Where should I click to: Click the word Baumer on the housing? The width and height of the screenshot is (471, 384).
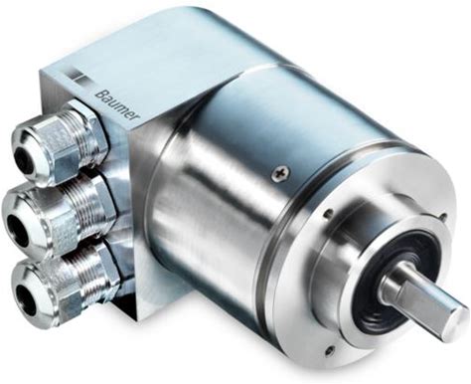tap(117, 102)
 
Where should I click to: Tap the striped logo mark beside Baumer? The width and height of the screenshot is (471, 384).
tap(79, 75)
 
